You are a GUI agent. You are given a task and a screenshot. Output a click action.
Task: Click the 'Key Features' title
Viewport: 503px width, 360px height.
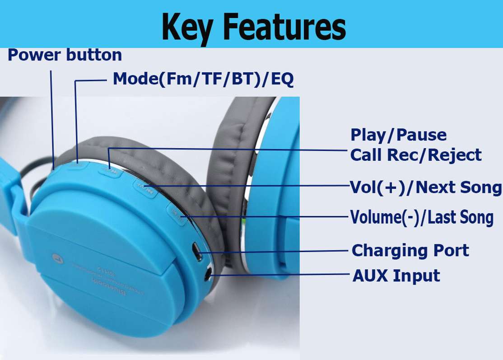pos(254,26)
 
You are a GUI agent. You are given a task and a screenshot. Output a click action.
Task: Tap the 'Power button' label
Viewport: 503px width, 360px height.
pos(65,55)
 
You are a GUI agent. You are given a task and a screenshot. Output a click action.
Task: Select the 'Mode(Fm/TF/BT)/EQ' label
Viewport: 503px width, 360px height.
pos(203,79)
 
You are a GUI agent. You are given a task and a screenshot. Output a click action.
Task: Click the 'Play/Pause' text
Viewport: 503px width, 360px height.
pos(399,135)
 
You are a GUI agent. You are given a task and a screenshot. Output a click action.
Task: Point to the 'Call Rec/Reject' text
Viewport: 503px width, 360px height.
pos(416,155)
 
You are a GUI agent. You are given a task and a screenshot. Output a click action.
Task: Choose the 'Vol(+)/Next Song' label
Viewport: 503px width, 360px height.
pos(426,187)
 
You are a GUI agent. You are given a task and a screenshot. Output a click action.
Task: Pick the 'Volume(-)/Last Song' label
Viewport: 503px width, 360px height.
pos(422,218)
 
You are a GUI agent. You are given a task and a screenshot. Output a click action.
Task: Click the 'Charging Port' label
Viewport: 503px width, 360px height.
pos(410,250)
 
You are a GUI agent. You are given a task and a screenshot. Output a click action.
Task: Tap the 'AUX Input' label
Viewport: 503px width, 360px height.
pos(396,275)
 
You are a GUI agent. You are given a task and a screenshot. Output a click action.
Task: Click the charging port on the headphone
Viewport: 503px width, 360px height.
pos(197,251)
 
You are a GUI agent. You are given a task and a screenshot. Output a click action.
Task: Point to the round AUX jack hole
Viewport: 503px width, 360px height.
pos(208,273)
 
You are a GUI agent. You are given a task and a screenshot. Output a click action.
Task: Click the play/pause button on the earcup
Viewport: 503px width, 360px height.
pos(109,171)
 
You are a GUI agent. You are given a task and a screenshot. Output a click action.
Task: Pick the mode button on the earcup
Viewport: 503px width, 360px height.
pos(78,164)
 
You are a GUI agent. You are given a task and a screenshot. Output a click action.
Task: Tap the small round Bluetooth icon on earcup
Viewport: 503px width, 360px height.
pos(58,257)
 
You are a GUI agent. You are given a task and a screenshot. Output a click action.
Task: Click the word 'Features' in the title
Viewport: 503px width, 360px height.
pos(284,26)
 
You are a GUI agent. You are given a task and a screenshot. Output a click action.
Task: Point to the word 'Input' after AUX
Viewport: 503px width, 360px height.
pos(416,275)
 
